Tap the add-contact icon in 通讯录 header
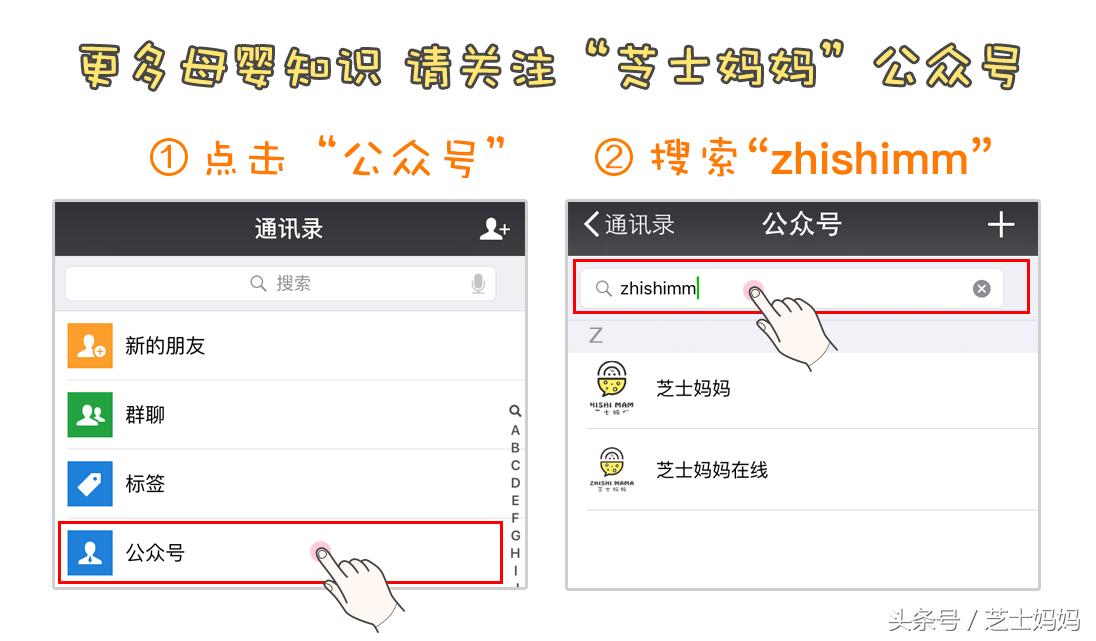tap(494, 229)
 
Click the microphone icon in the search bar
tap(478, 284)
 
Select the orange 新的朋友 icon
tap(90, 346)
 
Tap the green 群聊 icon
tap(90, 414)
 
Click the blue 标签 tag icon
tap(90, 483)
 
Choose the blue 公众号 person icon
tap(90, 552)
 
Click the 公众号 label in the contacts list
tap(155, 552)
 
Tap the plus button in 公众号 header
tap(1000, 225)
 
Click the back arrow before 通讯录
tap(591, 224)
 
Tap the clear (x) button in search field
tap(982, 288)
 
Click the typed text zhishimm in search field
tap(657, 288)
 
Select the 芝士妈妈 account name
tap(693, 388)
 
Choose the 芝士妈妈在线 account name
tap(711, 469)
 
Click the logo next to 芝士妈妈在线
tap(612, 469)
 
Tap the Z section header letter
tap(596, 335)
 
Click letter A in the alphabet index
tap(515, 430)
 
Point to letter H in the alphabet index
tap(515, 553)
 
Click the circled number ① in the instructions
tap(168, 159)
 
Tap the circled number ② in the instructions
tap(614, 159)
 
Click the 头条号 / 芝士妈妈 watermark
tap(983, 620)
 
